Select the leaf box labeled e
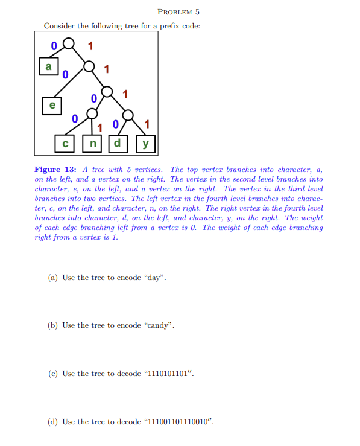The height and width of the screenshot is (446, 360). coord(52,104)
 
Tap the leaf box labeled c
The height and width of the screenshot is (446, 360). coord(65,144)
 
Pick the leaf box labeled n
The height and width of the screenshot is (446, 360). coord(92,144)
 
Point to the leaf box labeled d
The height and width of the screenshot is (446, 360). coord(118,144)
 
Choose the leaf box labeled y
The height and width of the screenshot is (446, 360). coord(145,144)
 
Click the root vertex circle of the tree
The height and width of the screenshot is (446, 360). coord(71,44)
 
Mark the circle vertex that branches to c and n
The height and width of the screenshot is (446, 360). coord(92,113)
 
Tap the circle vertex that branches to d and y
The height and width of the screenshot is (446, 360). coord(128,113)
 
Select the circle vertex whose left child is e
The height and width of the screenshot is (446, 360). coord(89,66)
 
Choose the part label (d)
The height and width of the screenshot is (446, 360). coord(52,422)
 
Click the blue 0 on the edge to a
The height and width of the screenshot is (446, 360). coord(54,45)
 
